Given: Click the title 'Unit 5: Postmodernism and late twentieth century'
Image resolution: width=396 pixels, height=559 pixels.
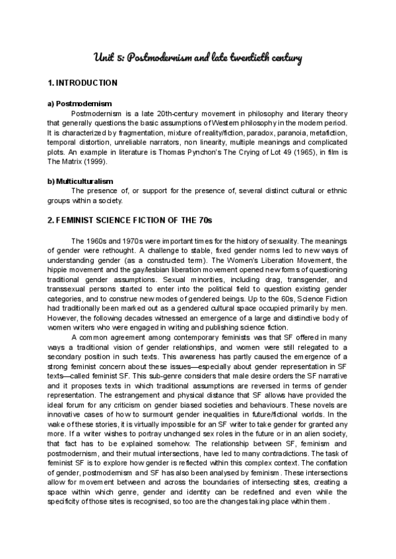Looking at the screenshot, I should point(197,59).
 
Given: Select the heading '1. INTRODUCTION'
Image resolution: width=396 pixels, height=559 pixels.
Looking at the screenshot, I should point(82,83).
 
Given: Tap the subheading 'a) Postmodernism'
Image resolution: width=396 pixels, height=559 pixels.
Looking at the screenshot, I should point(80,103).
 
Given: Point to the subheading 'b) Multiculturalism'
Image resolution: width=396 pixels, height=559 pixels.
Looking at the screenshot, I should point(81,181).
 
